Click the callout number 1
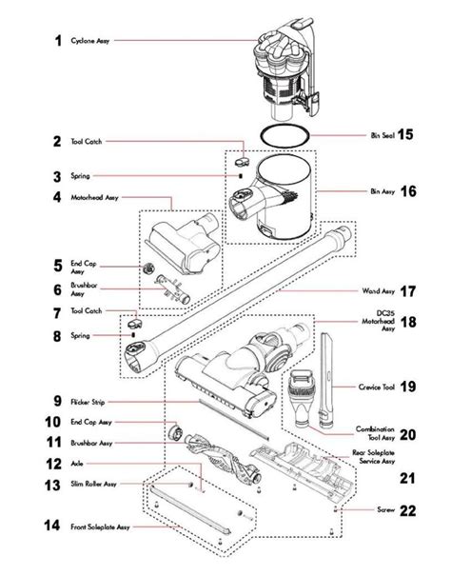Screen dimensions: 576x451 [x=58, y=41]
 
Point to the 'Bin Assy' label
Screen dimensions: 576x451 [x=382, y=191]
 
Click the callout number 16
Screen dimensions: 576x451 [x=408, y=191]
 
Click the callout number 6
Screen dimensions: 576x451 [x=58, y=288]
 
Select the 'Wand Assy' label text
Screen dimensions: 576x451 [x=380, y=291]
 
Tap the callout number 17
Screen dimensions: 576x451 [x=408, y=291]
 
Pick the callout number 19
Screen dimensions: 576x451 [x=408, y=387]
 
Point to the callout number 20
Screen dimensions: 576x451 [x=407, y=435]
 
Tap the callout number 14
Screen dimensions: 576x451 [x=54, y=525]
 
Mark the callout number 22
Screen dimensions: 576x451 [x=407, y=510]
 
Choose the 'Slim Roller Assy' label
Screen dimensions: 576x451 [x=96, y=484]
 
